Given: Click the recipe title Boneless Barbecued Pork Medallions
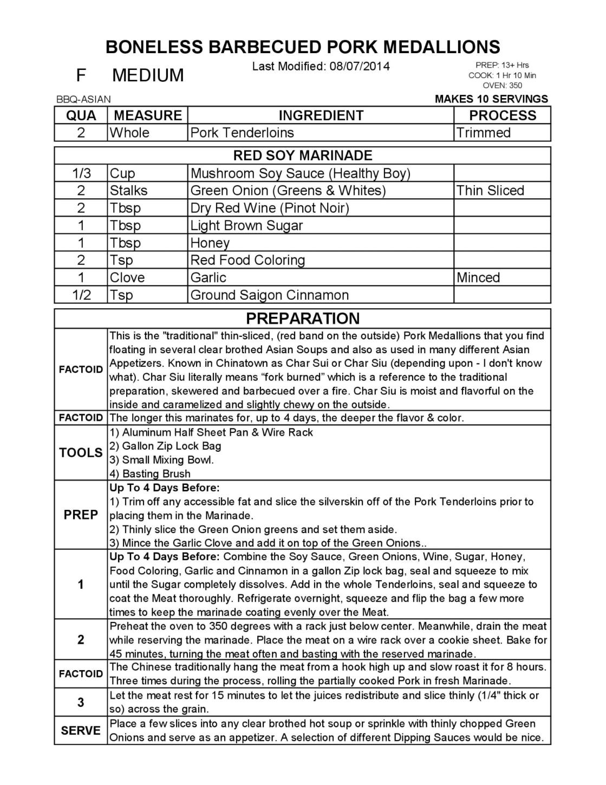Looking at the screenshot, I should tap(303, 47).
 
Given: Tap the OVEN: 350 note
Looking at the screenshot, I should tap(502, 85).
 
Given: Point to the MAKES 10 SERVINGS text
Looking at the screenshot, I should tap(491, 99).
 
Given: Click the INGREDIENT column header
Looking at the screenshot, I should tap(321, 115).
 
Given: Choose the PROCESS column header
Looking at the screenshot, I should tap(502, 115).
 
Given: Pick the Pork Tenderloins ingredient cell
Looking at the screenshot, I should tap(242, 133).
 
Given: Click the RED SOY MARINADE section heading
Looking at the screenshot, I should tap(302, 155).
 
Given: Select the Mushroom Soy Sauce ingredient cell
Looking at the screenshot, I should tap(300, 173).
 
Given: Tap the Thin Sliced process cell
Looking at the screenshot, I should tap(490, 191).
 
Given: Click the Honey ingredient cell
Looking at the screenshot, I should tap(210, 243).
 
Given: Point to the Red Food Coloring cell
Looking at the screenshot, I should tap(247, 260).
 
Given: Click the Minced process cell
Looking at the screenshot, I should tap(478, 277).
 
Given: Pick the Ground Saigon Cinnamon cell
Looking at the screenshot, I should tap(269, 295).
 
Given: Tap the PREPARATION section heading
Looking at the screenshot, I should tap(302, 318).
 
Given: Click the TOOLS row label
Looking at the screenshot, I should tap(81, 452).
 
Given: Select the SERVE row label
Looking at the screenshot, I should tap(81, 730).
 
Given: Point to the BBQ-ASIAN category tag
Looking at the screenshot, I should tap(83, 99).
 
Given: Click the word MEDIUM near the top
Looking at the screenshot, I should tap(148, 75).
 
